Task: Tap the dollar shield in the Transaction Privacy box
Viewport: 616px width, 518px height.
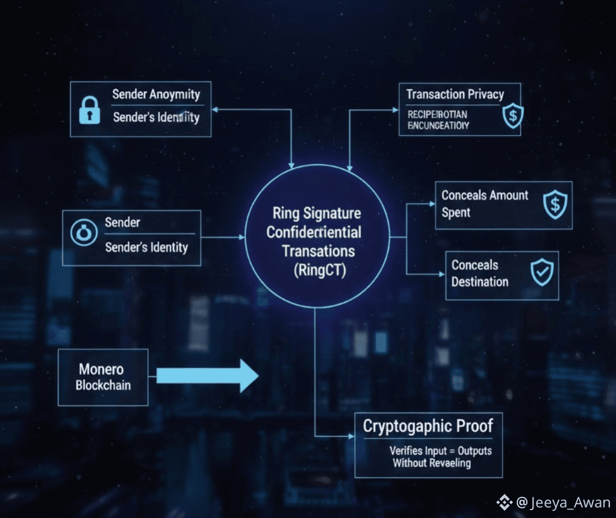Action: coord(513,116)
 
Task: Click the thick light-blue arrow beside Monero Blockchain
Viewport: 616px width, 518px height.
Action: coord(207,376)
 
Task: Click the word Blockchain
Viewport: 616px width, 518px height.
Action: coord(102,385)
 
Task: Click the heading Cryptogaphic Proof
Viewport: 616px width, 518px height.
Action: coord(428,426)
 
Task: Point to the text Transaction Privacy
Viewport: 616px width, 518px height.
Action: coord(455,94)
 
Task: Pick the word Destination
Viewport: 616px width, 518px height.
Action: coord(479,282)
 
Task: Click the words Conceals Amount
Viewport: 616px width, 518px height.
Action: coord(484,195)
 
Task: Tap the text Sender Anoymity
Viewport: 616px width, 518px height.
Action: coord(155,95)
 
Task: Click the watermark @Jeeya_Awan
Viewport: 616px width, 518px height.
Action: coord(562,502)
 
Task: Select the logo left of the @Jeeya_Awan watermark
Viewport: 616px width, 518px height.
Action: coord(503,502)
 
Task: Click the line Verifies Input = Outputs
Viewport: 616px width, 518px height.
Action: coord(440,450)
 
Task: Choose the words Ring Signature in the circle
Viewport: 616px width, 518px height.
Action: coord(316,213)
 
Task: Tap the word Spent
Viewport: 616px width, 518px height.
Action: coord(456,212)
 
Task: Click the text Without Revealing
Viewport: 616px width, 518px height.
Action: coord(431,463)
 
